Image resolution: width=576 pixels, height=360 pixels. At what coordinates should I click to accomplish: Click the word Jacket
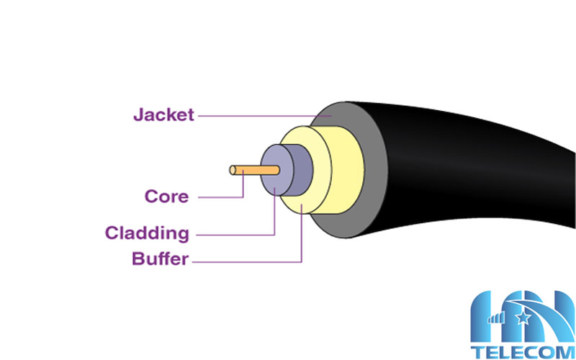163,114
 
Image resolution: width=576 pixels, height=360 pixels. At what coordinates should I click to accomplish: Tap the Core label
166,196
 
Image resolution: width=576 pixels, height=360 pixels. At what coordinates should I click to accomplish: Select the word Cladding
147,233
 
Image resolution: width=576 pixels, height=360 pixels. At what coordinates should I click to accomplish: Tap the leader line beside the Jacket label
259,114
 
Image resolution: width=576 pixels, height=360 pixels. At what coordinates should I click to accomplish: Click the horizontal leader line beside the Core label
220,196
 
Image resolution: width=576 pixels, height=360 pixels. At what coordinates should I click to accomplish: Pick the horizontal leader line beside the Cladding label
234,234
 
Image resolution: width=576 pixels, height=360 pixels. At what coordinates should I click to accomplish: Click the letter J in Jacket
138,114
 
